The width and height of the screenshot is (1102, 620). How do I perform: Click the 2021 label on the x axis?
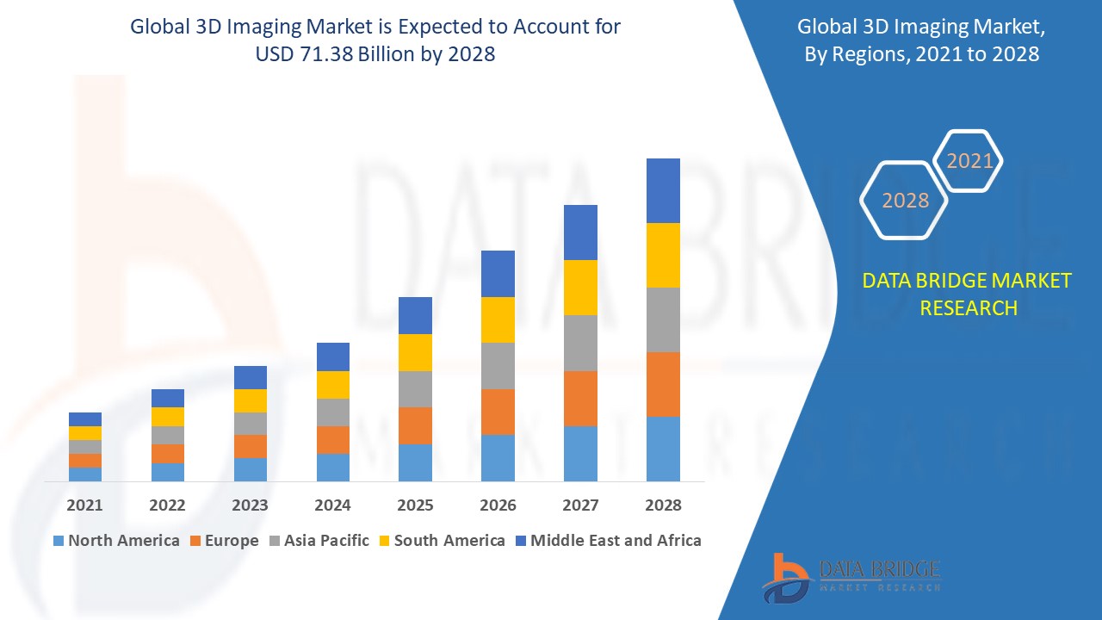tap(84, 505)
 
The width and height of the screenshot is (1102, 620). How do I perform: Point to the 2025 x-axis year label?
tap(415, 505)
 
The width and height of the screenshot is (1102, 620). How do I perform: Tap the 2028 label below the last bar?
tap(663, 505)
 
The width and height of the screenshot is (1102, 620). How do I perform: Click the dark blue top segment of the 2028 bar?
tap(663, 190)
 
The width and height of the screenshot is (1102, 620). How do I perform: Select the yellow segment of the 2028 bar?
tap(663, 255)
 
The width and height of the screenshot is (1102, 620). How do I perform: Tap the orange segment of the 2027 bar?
tap(580, 398)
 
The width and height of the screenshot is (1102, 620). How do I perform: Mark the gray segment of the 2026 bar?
tap(498, 366)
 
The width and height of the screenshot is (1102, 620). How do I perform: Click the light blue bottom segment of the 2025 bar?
tap(415, 462)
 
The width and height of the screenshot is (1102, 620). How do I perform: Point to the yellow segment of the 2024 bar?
tap(332, 384)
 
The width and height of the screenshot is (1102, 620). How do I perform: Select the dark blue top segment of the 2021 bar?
tap(84, 419)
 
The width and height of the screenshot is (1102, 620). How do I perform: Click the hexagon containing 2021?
tap(969, 161)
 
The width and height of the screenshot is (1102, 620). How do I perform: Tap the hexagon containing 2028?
tap(904, 200)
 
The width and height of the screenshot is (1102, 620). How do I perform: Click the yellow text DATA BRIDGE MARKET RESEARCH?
tap(968, 294)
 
